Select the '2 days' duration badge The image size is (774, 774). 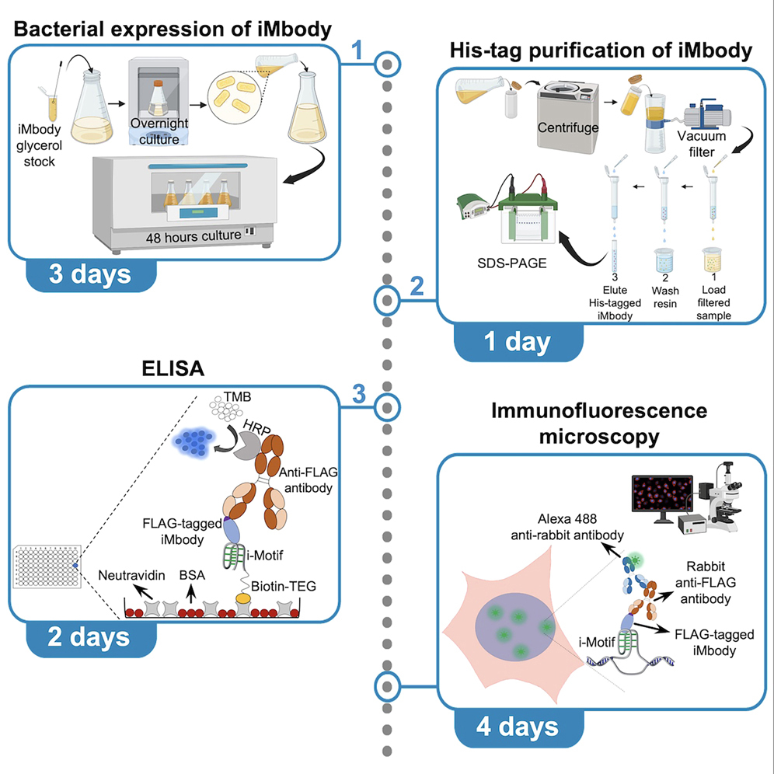pyautogui.click(x=90, y=637)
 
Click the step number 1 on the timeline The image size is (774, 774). pyautogui.click(x=357, y=51)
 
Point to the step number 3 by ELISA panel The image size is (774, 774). pyautogui.click(x=358, y=394)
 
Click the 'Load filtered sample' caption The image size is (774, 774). pyautogui.click(x=713, y=298)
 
